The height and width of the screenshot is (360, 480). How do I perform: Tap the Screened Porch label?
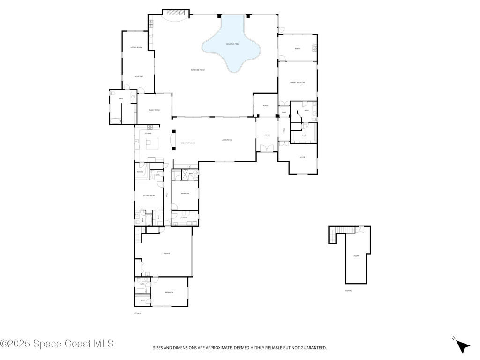[198, 70]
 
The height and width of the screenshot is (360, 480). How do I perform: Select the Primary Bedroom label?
[297, 82]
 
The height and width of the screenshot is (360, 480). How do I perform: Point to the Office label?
[302, 157]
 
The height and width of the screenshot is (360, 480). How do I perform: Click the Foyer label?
[267, 135]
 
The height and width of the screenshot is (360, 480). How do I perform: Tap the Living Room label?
[227, 140]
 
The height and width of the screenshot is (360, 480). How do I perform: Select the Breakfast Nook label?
[187, 143]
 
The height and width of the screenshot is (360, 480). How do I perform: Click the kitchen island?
[153, 142]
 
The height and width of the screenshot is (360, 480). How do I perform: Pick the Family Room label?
[154, 110]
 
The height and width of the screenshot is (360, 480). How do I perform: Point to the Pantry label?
[140, 172]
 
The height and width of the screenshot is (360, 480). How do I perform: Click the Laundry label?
[184, 217]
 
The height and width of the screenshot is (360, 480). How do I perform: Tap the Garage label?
[166, 253]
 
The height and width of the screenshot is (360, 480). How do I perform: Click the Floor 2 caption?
[348, 291]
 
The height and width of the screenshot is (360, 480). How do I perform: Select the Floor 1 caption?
[137, 313]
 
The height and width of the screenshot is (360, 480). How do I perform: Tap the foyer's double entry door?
[267, 149]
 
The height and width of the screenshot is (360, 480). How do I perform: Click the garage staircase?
[138, 234]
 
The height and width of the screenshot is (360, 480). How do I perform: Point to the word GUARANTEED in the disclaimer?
[311, 348]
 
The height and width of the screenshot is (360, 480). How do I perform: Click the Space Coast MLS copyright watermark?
[57, 344]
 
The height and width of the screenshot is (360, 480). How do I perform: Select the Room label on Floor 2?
[356, 256]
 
